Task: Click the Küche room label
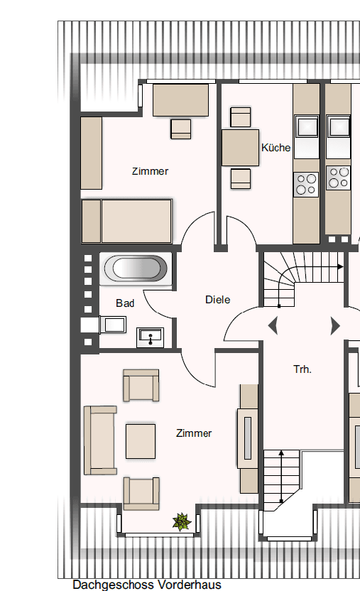point(276,148)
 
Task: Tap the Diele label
point(218,300)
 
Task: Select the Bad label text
point(126,303)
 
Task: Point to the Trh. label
point(302,369)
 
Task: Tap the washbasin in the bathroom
point(150,335)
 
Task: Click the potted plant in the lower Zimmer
point(182,522)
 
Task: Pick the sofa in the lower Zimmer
point(99,440)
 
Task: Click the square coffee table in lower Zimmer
point(141,440)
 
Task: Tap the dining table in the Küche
point(241,148)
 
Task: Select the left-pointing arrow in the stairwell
point(273,326)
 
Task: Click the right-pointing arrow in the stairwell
point(335,326)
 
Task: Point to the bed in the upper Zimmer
point(126,221)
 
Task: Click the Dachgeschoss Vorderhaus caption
point(147,585)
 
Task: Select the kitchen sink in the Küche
point(307,128)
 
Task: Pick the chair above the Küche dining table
point(241,117)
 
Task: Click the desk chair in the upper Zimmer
point(181,129)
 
